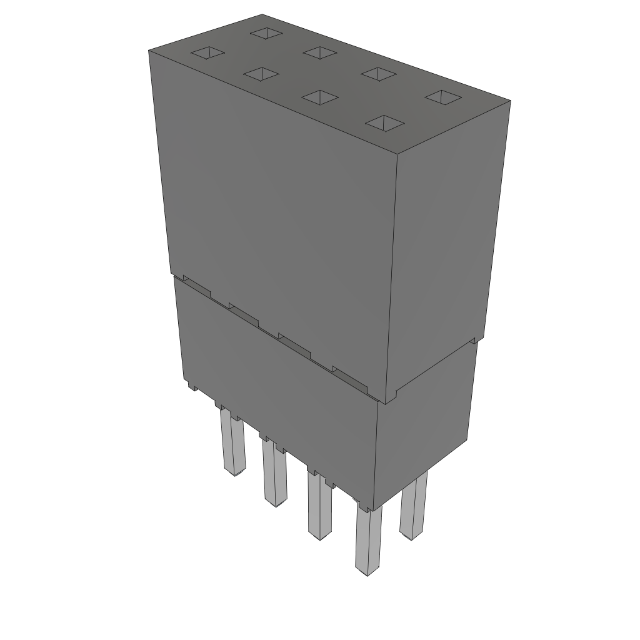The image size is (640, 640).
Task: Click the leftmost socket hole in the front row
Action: (x=207, y=53)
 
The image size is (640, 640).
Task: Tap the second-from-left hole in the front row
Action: (x=261, y=74)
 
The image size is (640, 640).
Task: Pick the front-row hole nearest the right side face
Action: (x=383, y=123)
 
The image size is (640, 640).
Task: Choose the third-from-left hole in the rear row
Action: (x=378, y=74)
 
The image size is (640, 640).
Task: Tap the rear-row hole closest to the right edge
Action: (x=443, y=97)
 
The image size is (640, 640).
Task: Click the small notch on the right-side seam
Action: (x=473, y=341)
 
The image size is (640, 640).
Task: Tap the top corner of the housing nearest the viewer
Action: (x=397, y=154)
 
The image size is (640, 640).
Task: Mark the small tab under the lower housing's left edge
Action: (x=192, y=387)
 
